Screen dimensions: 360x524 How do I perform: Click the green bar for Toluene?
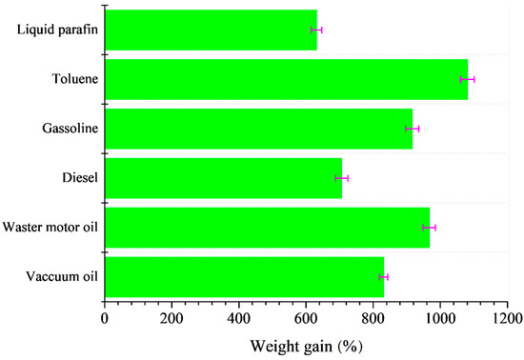coord(286,79)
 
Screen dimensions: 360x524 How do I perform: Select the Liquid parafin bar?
coord(211,30)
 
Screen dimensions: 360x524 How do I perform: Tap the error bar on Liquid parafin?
coord(317,30)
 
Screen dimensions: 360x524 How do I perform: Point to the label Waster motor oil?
coord(50,228)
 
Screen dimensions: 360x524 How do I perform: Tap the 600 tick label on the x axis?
coord(306,318)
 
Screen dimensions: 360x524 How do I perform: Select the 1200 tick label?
coord(508,318)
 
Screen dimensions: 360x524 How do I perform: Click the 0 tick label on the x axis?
coord(104,318)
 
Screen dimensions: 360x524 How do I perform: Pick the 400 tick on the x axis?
coord(238,318)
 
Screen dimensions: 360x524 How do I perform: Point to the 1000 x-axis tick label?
coord(440,318)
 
